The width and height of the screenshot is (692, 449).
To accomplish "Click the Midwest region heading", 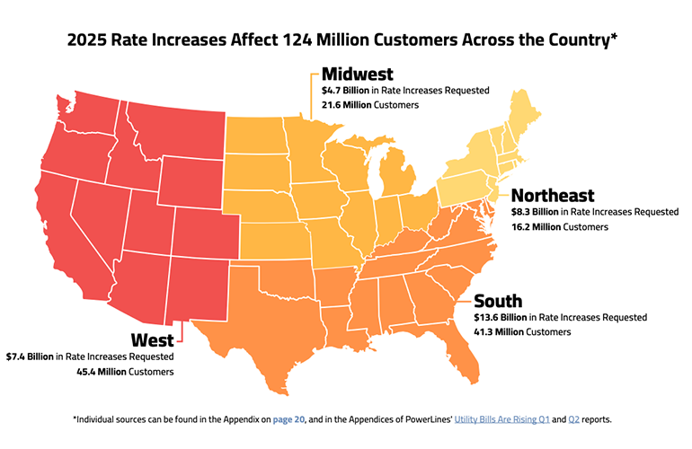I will [x=357, y=75].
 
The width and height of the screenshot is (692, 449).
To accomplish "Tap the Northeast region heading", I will [x=553, y=196].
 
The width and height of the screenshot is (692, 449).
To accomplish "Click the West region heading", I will [x=153, y=339].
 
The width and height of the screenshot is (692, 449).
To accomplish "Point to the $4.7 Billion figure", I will [x=345, y=91].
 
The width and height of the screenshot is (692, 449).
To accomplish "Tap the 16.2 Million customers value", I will [x=536, y=227].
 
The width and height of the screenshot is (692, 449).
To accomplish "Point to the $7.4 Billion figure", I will [x=30, y=357].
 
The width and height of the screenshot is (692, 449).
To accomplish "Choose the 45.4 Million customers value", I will [x=106, y=372].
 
